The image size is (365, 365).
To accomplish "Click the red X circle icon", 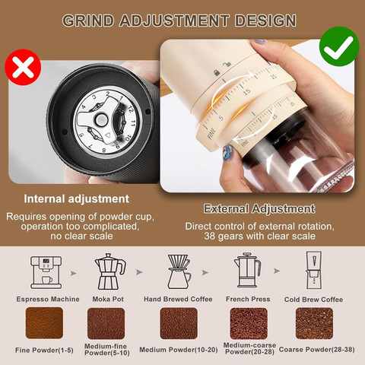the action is [23, 67].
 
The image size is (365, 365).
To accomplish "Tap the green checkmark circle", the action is [339, 46].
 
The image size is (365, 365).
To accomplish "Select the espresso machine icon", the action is [46, 272].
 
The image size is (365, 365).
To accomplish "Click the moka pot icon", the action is [109, 271].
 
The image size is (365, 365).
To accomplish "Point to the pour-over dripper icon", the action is [179, 271].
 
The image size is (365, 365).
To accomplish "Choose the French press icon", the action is [247, 270].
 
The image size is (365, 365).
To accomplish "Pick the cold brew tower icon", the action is [314, 270].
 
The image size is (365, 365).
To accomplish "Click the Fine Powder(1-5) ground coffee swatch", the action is [44, 323].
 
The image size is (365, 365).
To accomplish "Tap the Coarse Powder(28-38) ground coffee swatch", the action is [314, 323].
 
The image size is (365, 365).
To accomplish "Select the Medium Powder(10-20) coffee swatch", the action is [179, 323].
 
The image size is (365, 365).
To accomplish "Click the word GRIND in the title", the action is [88, 21].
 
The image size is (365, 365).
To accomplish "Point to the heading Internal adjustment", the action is [77, 198].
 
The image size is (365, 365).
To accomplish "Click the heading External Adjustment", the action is [259, 209].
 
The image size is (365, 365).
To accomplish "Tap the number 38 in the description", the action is [210, 236].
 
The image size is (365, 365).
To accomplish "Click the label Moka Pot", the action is [108, 299].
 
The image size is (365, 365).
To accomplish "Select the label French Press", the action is [248, 299].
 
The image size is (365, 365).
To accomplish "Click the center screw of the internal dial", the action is [101, 119].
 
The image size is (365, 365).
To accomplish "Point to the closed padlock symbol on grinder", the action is [216, 73].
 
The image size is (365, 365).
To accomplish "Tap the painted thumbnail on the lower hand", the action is [228, 152].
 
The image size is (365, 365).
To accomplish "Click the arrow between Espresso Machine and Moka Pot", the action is [74, 273].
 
